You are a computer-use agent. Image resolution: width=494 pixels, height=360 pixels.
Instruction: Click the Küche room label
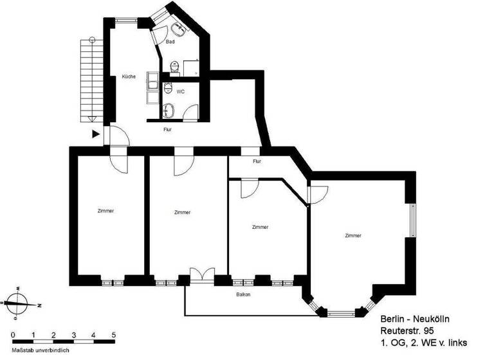point(129,77)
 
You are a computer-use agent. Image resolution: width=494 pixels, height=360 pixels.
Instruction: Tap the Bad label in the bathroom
point(170,42)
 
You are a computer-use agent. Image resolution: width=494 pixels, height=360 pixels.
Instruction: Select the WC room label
point(181,91)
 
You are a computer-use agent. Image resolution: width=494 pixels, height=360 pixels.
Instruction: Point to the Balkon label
point(242,294)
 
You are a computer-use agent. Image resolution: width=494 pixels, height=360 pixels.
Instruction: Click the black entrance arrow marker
point(96,134)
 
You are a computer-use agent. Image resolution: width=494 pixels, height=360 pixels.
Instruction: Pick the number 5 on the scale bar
point(114,335)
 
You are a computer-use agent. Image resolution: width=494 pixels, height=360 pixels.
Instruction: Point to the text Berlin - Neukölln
point(411,319)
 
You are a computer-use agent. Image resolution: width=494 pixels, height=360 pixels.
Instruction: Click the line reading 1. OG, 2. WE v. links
point(423,341)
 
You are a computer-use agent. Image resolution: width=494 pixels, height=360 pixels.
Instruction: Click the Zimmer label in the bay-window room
point(353,236)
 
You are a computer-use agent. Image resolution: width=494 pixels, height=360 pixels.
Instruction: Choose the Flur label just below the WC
point(167,129)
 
